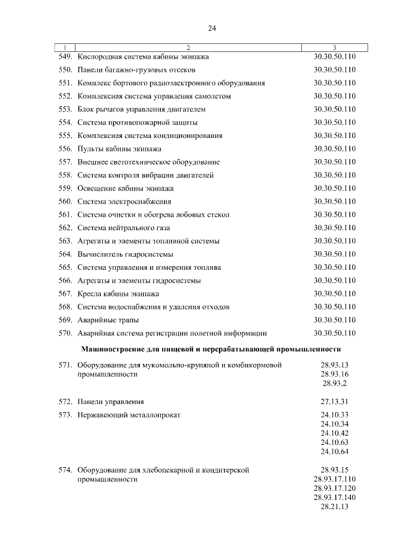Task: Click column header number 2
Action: (x=188, y=48)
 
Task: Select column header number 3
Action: (x=334, y=48)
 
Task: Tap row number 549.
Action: (x=66, y=57)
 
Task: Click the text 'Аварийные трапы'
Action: (x=108, y=320)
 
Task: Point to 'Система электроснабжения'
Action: (x=124, y=202)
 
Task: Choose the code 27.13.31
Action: (x=335, y=402)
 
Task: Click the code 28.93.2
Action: (x=335, y=384)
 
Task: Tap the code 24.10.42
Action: (x=335, y=433)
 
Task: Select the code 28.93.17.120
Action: (x=335, y=488)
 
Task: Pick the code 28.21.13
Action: (x=335, y=507)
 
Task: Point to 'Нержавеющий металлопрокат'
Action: (x=129, y=415)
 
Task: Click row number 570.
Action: (x=66, y=333)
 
